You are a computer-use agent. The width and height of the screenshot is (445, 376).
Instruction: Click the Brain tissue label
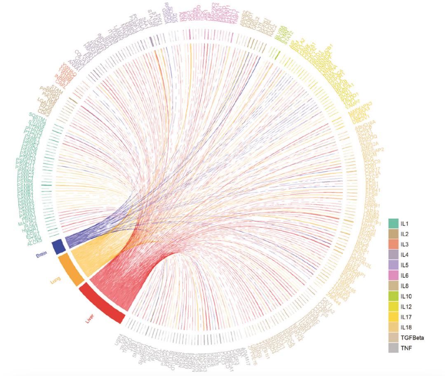(41, 254)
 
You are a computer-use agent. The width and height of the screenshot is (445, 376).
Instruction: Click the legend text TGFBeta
(412, 338)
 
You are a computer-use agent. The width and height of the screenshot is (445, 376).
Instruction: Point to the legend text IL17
(407, 317)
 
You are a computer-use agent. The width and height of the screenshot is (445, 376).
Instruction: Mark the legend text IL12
(407, 306)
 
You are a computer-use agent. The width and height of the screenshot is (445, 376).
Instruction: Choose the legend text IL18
(407, 327)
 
